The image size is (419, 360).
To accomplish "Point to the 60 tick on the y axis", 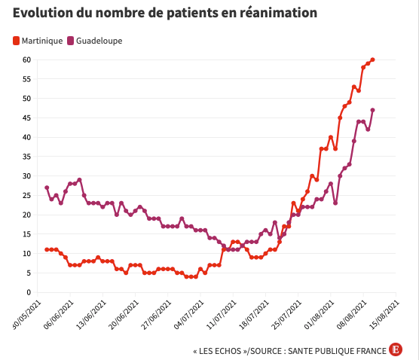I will [26, 59].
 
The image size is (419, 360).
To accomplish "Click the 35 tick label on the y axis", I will [26, 157].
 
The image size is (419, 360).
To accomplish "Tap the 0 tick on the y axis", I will [28, 292].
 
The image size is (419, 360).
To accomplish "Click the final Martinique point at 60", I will [373, 59].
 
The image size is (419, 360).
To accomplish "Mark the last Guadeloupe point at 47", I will [373, 110].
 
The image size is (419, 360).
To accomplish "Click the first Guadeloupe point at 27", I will [47, 188].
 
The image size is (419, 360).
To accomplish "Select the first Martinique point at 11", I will [47, 249].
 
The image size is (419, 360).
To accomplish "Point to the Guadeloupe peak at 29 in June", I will [79, 180].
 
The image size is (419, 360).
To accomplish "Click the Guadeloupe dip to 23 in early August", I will [335, 203].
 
